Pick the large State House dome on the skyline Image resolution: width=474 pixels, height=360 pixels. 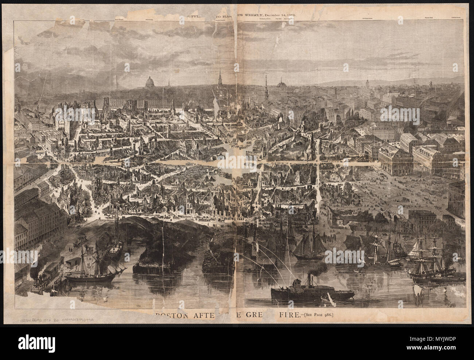click(149, 83)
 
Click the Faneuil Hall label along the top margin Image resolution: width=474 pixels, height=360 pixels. click(428, 18)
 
